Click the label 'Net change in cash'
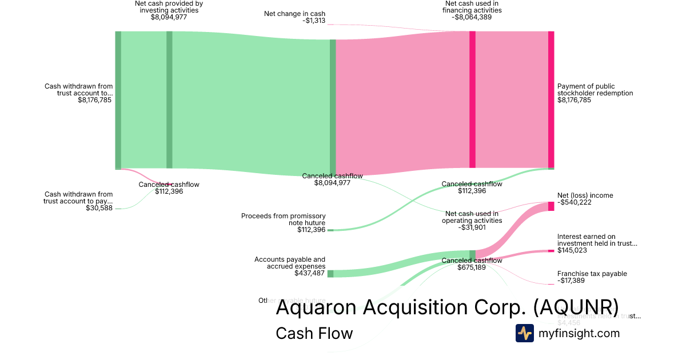294,13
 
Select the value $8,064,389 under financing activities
472,17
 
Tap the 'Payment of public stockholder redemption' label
595,90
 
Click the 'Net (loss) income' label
585,195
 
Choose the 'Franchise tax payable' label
592,274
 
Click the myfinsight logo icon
524,333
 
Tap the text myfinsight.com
579,333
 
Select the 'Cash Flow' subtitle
314,333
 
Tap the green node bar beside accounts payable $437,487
330,274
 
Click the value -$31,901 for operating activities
472,227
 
